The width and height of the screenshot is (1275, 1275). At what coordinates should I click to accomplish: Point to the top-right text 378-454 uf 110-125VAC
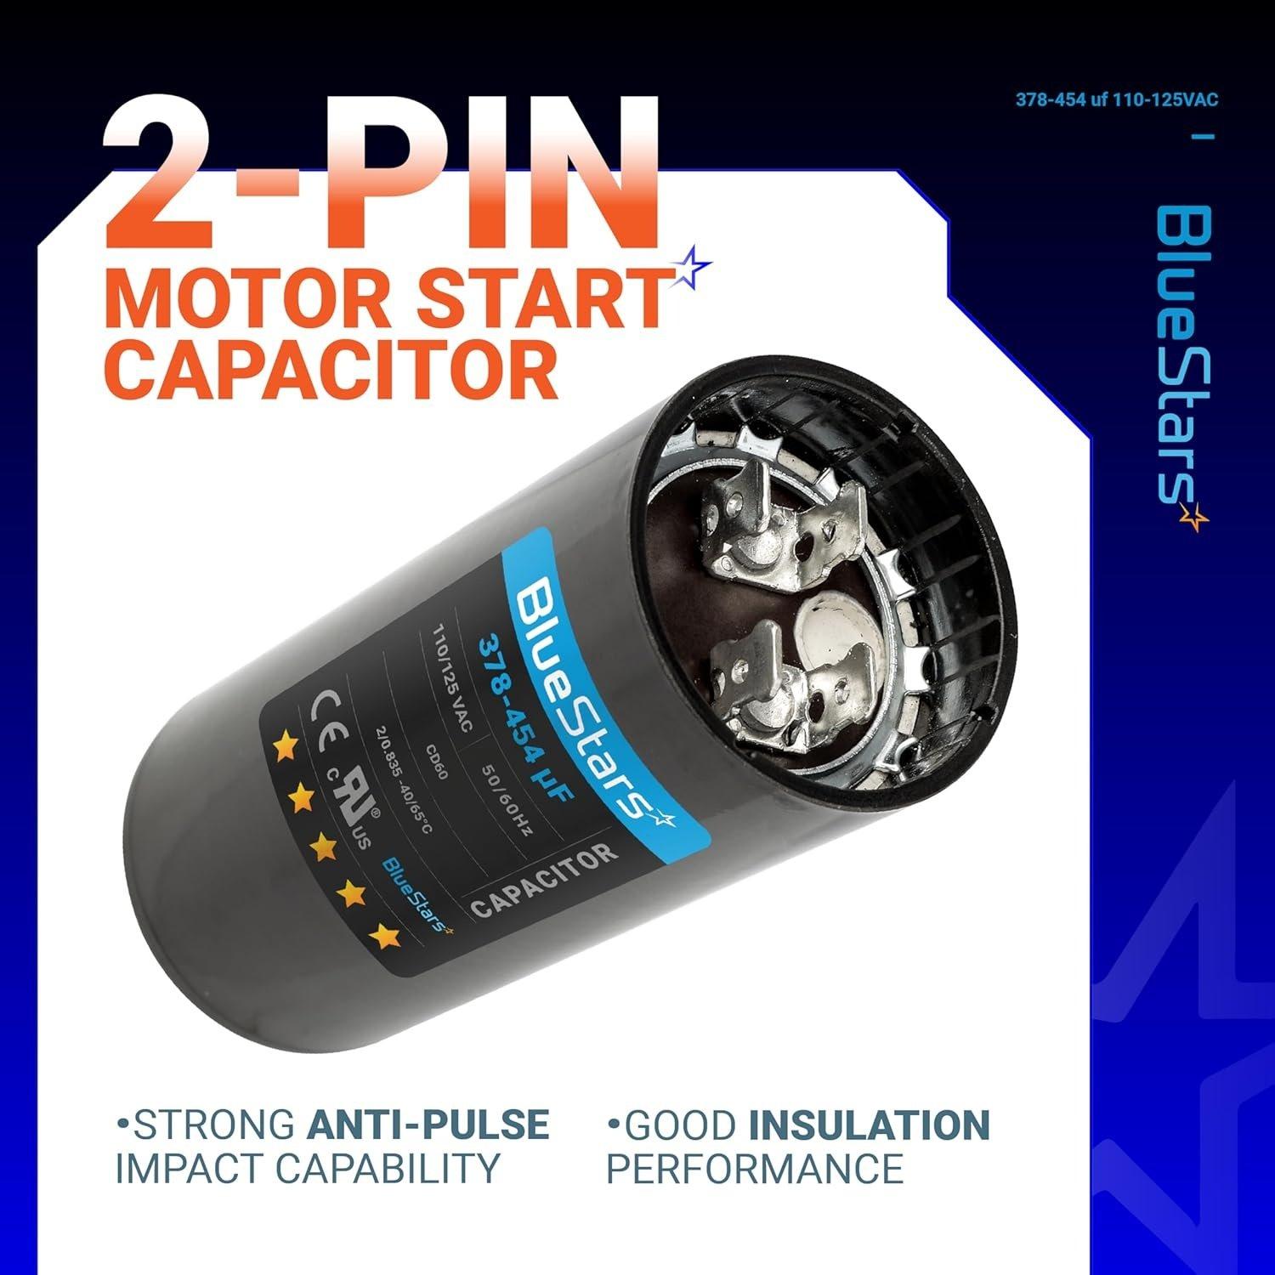[1117, 100]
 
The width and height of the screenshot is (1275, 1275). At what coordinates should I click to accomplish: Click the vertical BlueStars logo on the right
[1182, 365]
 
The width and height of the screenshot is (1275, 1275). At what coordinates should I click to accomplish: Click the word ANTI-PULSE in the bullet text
[427, 1124]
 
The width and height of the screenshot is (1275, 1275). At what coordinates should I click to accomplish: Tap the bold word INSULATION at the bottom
[869, 1124]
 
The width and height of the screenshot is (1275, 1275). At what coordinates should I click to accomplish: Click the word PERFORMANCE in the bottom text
[754, 1169]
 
